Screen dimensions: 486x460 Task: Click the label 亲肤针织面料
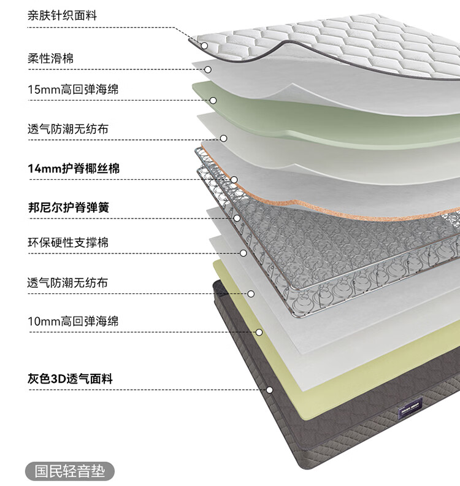click(62, 16)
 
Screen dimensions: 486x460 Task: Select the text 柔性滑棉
click(51, 59)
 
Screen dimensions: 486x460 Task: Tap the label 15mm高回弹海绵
click(73, 90)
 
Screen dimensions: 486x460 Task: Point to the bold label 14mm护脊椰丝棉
click(74, 168)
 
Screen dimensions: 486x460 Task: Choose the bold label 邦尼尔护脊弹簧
click(68, 207)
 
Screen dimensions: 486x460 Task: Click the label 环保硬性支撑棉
click(68, 242)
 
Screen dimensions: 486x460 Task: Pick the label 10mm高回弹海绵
click(73, 321)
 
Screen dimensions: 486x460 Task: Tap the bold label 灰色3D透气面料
click(70, 379)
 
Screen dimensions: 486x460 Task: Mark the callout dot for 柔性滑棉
click(209, 69)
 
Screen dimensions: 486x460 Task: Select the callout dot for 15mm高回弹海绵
click(213, 100)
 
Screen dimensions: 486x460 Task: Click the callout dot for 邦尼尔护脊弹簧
click(237, 218)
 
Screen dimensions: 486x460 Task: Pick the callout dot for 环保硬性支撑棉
click(243, 253)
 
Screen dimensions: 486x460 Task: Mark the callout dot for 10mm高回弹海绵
click(259, 332)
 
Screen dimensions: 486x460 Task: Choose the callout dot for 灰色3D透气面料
click(269, 390)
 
